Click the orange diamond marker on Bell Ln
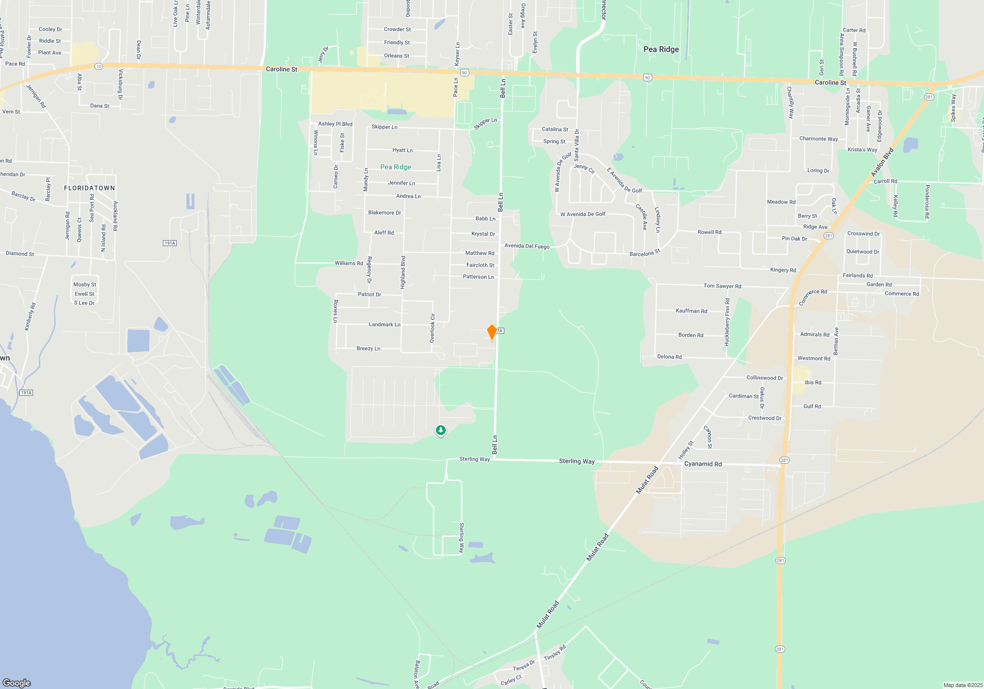click(492, 332)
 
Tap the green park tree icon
click(441, 431)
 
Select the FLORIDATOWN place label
click(90, 188)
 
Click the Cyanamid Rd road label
click(703, 464)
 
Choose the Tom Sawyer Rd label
click(722, 286)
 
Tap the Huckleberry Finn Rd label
click(727, 322)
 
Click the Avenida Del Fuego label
click(526, 246)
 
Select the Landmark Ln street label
click(384, 325)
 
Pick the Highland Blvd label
click(403, 272)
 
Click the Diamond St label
click(20, 254)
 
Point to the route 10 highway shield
click(99, 66)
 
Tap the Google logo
click(17, 683)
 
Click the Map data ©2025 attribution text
click(962, 685)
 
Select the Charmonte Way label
click(818, 139)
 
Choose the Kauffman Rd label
click(691, 311)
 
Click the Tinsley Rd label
click(554, 653)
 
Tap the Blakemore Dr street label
click(384, 213)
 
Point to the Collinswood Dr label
click(764, 378)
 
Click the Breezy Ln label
click(368, 348)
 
